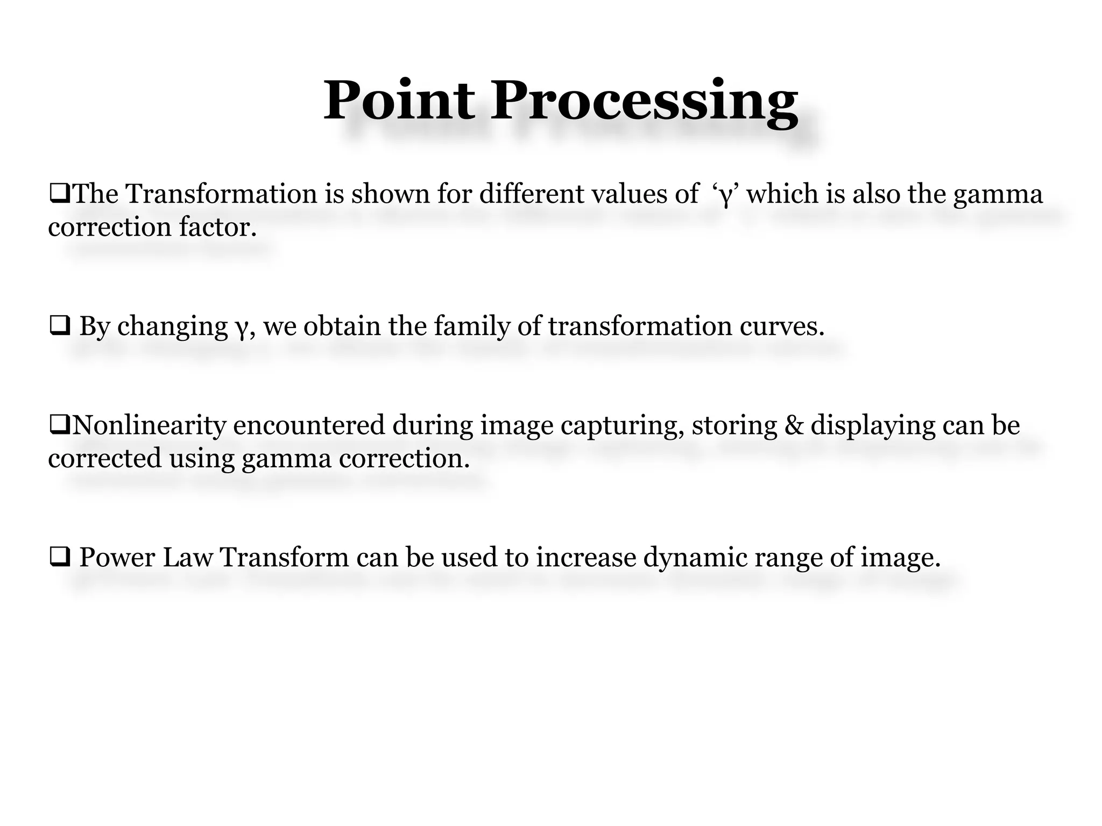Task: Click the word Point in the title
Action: pos(399,101)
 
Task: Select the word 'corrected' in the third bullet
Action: pos(105,459)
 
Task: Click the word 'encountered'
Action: pos(309,425)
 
